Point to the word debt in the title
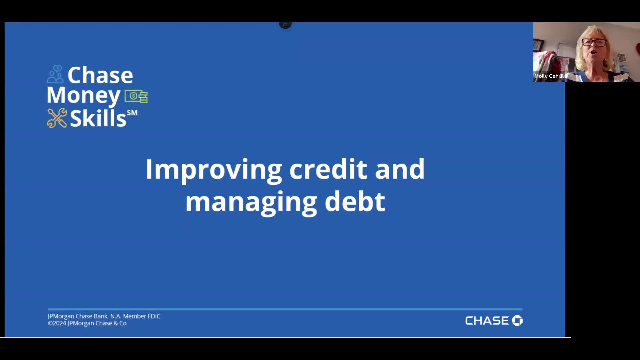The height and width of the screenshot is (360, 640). [355, 201]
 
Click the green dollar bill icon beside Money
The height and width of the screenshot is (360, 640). [136, 96]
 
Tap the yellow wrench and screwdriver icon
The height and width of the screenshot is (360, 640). [57, 118]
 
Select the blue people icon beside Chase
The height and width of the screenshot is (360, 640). [55, 74]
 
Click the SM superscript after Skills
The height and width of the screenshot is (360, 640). [132, 113]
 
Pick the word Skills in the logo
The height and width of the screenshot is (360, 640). [98, 118]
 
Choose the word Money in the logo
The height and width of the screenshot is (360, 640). [83, 96]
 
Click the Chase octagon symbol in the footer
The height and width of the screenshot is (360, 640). [517, 320]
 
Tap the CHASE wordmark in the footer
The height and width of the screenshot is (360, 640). [487, 321]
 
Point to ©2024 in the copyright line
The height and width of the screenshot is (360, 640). [57, 323]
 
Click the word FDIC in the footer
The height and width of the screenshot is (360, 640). [154, 316]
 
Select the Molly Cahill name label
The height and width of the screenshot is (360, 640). [549, 76]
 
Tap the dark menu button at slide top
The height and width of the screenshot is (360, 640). [285, 25]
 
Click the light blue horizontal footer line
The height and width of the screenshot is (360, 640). [285, 309]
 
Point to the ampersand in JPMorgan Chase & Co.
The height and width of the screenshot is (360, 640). [115, 323]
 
